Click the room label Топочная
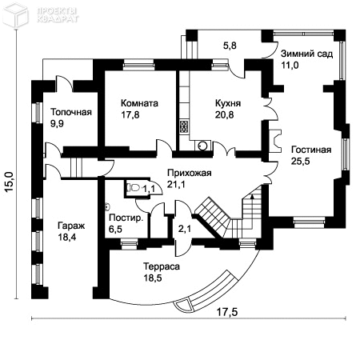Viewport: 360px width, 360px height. point(71,112)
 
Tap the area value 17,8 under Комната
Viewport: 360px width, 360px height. point(130,114)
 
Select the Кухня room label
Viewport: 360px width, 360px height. point(228,103)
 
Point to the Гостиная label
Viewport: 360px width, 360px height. point(311,150)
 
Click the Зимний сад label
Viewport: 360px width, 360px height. point(306,54)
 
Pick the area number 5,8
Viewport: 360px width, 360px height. point(230,46)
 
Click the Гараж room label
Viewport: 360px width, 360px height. point(71,226)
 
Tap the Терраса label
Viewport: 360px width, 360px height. point(162,266)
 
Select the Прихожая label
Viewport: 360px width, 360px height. point(190,173)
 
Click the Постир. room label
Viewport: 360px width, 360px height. point(126,218)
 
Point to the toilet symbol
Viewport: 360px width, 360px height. point(133,188)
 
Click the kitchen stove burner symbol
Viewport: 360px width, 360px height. point(183,126)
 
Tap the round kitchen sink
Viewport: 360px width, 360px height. point(202,146)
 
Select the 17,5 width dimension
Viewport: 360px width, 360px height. point(226,311)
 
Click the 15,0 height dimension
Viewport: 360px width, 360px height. point(10,182)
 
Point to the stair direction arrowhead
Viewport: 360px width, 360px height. point(252,197)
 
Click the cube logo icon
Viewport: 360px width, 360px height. point(15,14)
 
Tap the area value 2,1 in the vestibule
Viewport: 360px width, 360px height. point(185,229)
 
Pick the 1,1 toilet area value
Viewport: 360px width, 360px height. point(149,189)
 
